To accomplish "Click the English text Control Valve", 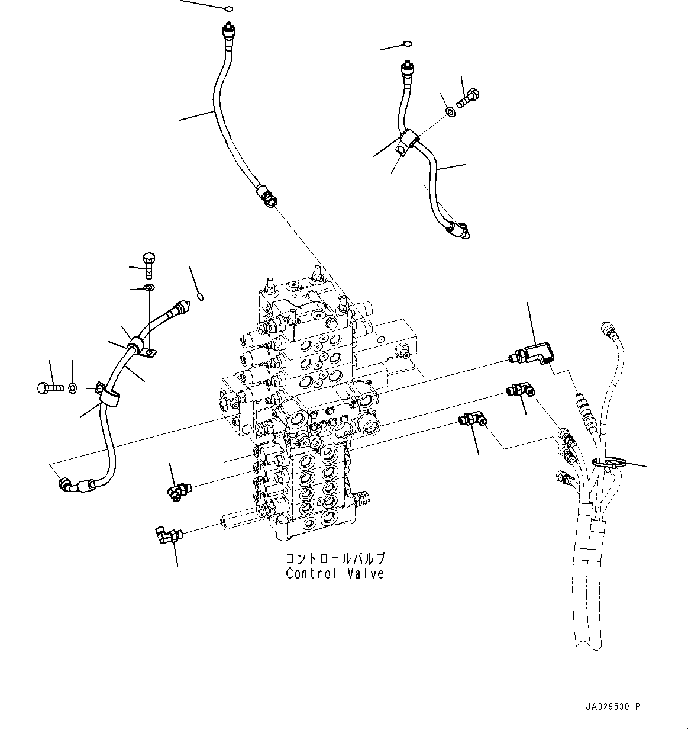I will coord(334,574).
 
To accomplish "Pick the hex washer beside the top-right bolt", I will coord(448,111).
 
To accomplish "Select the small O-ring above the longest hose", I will coord(230,9).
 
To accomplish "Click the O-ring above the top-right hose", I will coord(407,44).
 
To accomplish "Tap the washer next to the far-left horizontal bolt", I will coord(72,388).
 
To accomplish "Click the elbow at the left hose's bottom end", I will coord(66,485).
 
